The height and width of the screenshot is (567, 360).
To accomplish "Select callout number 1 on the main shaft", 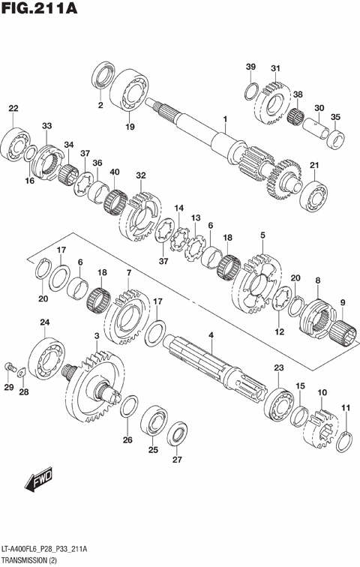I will point(223,118).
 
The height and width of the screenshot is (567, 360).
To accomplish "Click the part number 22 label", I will point(13,109).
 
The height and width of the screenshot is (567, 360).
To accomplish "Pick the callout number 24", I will point(45,323).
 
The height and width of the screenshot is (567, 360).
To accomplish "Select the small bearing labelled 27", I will point(178,433).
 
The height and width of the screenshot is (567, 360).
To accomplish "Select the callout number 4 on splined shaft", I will point(211,334).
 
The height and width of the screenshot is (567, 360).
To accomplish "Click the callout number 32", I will point(140,175).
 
